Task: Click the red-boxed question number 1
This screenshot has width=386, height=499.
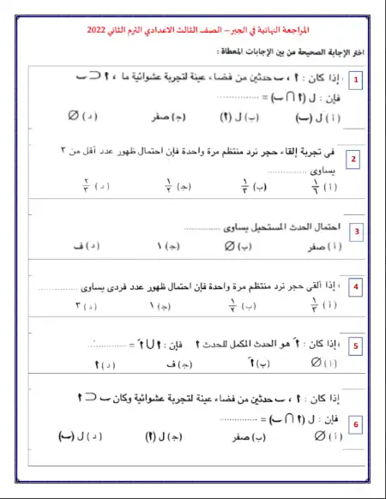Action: tap(357, 81)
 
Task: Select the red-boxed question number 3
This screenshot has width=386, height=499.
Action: tap(357, 231)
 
